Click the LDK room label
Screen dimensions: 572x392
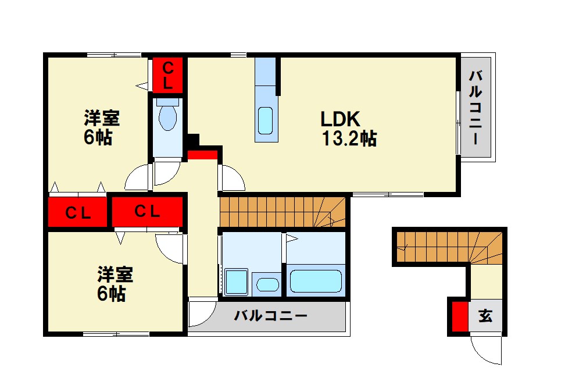(341, 119)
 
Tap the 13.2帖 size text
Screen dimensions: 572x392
(349, 138)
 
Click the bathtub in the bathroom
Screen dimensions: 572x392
(316, 281)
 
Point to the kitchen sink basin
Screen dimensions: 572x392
(265, 121)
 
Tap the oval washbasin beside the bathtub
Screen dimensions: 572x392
(268, 284)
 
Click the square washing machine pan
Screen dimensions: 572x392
(237, 282)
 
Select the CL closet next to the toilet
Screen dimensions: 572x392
(168, 75)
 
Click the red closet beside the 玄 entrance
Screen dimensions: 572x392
(460, 316)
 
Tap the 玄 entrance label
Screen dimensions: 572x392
(485, 316)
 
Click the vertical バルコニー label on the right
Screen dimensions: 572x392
(476, 108)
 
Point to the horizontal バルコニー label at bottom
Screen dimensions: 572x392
(271, 316)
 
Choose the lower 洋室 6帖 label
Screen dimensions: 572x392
(115, 284)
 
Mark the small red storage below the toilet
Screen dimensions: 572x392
(202, 155)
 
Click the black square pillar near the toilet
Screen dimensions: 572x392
(194, 140)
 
